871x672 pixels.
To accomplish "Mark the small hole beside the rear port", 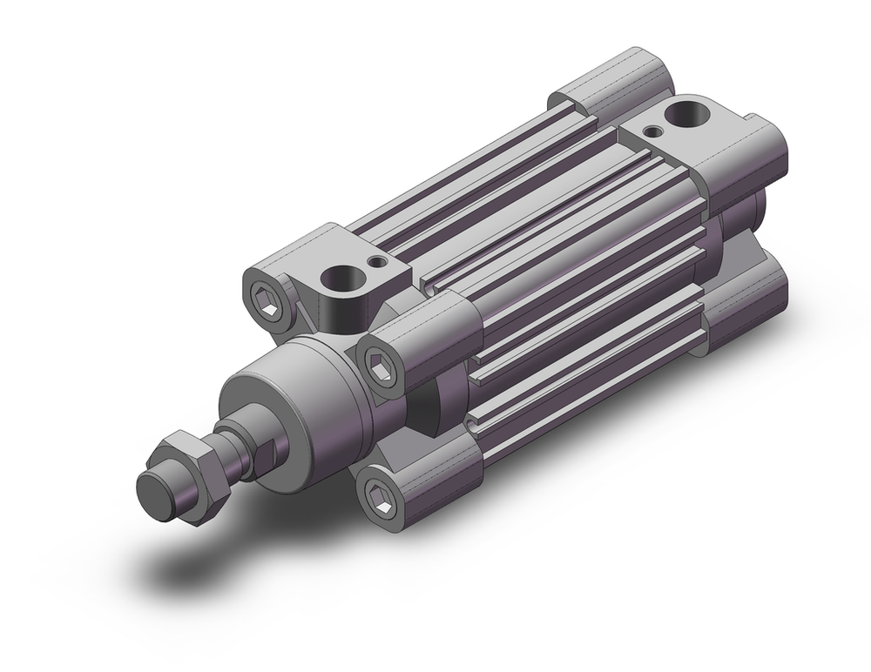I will pyautogui.click(x=651, y=131).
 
